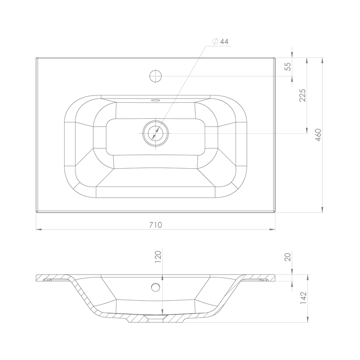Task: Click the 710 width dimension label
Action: point(156,225)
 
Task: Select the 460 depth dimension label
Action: point(318,135)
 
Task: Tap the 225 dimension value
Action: point(302,95)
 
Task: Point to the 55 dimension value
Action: point(288,67)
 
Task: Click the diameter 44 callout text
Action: point(221,42)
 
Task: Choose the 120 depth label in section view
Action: point(158,257)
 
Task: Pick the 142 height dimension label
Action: point(303,298)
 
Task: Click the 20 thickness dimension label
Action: point(288,257)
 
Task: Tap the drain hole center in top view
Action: point(155,133)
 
